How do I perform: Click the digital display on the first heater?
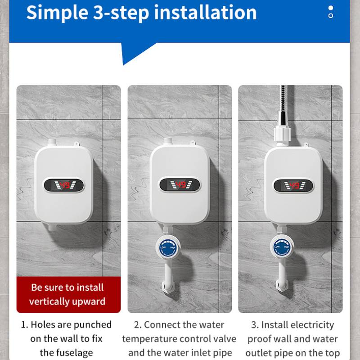coord(64,185)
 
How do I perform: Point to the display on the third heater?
coord(293,185)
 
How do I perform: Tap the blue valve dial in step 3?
coord(282,247)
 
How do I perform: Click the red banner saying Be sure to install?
coord(68,294)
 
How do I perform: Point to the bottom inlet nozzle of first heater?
coord(53,227)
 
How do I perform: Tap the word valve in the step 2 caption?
coord(211,339)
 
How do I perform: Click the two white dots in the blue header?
coord(331,12)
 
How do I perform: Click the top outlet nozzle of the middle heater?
coord(167,142)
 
